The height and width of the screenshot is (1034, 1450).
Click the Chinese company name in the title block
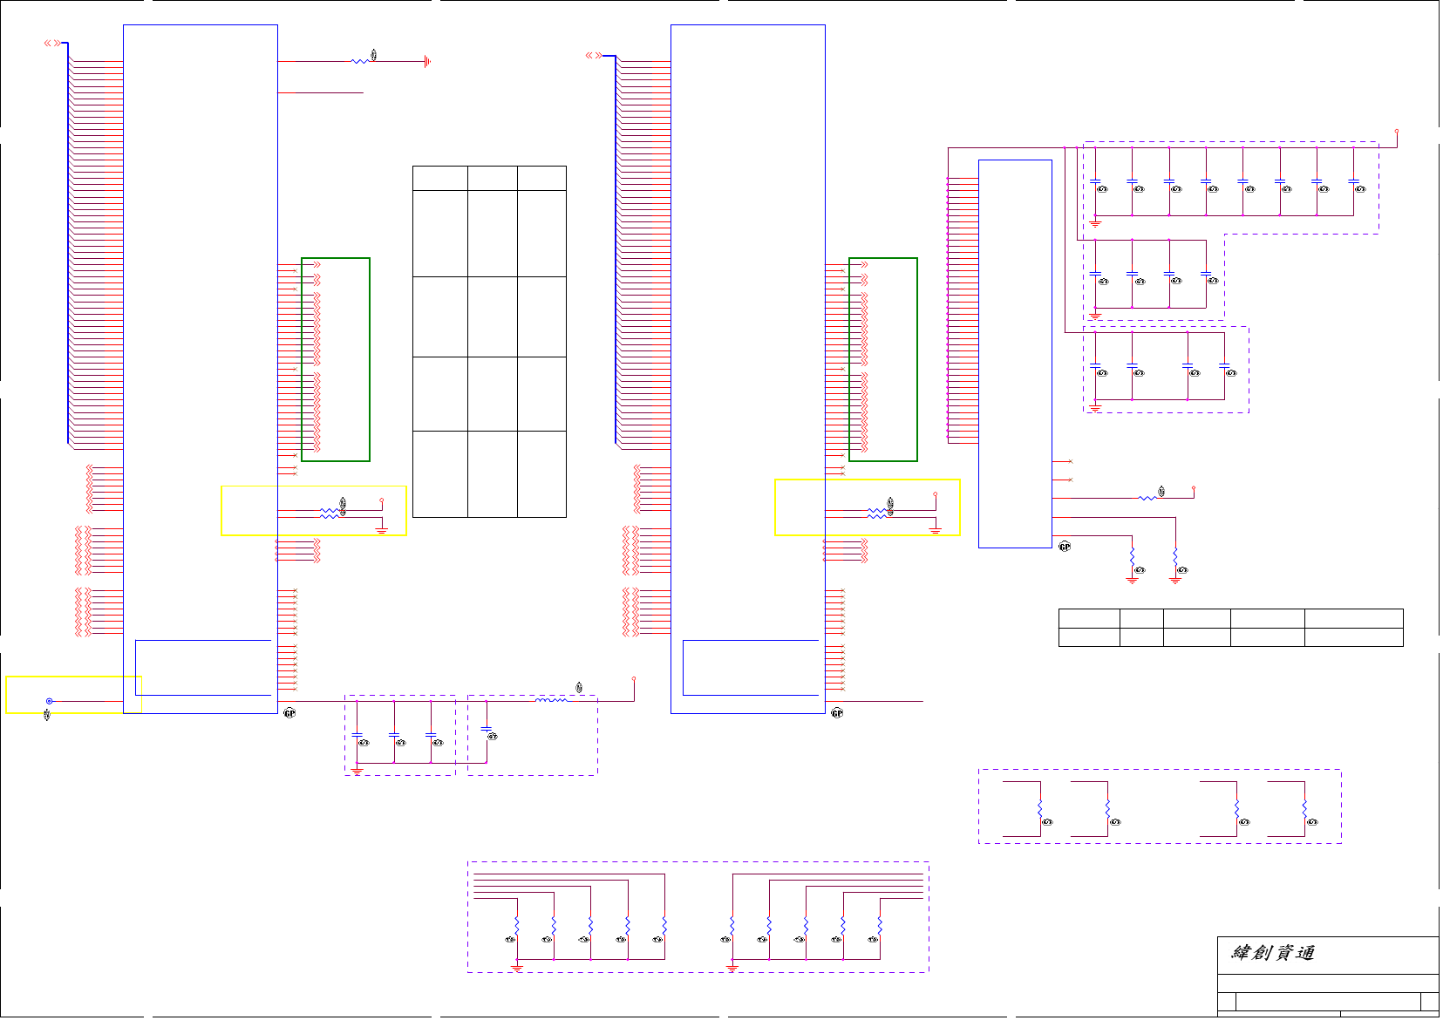point(1272,953)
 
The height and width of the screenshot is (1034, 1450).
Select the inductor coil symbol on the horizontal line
point(551,700)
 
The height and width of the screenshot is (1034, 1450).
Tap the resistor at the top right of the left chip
point(359,61)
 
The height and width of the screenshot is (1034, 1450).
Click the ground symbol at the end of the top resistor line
point(426,61)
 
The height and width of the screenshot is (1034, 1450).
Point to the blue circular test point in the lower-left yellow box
point(49,701)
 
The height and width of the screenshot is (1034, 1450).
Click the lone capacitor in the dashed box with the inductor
point(487,729)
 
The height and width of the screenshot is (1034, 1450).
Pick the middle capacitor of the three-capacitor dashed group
point(393,736)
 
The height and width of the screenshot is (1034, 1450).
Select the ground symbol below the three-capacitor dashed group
point(357,771)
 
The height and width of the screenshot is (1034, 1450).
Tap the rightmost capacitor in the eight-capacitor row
point(1353,181)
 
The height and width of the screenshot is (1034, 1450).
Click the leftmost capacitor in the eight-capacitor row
point(1095,181)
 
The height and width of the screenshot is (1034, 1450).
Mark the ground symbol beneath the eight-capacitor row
point(1095,224)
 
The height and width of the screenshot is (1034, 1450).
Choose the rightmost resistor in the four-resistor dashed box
point(1304,810)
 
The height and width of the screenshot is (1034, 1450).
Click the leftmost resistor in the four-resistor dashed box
point(1040,810)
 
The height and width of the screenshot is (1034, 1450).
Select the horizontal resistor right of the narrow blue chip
point(1148,498)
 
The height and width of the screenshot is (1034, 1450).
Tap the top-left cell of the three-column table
point(439,178)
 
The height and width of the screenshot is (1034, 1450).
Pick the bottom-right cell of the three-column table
point(541,473)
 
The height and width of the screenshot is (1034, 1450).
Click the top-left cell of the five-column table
point(1089,618)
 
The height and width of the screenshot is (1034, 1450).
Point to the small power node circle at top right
point(1397,132)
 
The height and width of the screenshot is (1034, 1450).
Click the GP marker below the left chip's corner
point(289,713)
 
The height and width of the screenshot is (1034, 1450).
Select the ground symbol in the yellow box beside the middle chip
point(935,530)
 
